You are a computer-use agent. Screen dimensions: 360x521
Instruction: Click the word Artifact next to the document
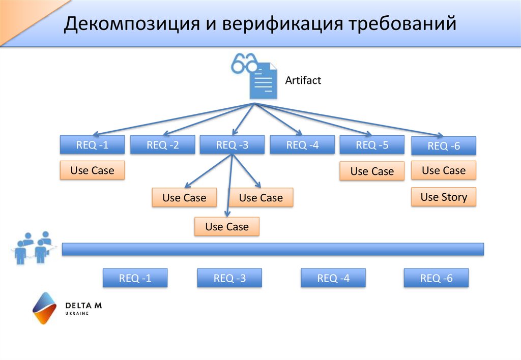[303, 80]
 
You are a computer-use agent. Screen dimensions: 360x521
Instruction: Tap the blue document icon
[264, 81]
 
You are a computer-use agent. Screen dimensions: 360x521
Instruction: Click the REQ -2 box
[163, 145]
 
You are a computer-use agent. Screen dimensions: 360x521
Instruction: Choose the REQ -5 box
[372, 145]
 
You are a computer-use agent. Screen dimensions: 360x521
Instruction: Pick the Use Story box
[444, 197]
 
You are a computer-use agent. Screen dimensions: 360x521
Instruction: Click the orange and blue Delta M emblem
[44, 308]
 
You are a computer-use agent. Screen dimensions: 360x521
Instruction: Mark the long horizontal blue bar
[273, 249]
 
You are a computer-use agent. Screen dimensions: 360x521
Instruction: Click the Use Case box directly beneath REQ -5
[372, 171]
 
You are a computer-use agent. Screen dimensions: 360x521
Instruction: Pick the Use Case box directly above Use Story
[444, 170]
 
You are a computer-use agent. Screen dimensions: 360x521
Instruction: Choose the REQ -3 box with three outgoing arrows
[232, 145]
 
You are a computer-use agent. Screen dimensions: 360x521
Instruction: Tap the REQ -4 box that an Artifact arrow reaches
[302, 145]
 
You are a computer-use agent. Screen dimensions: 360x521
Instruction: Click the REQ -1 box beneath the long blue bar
[135, 278]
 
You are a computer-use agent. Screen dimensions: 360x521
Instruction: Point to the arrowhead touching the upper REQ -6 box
[440, 135]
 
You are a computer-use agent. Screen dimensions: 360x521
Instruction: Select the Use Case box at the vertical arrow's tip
[227, 227]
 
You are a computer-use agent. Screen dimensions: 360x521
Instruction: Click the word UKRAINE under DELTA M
[77, 314]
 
